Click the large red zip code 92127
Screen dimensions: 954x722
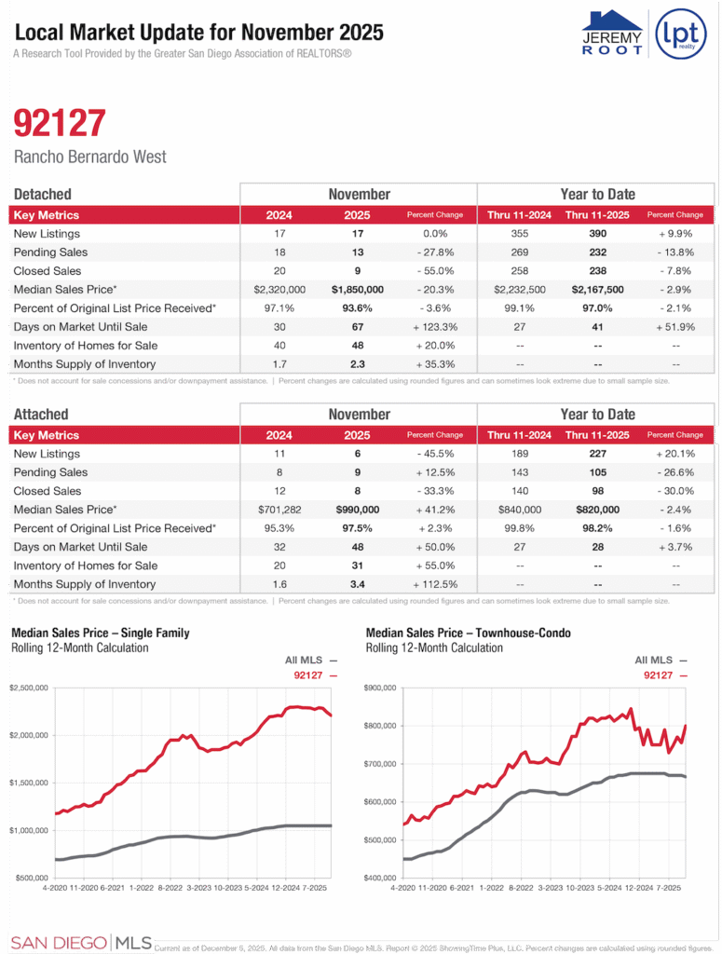tap(60, 124)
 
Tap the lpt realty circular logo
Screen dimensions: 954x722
tap(681, 34)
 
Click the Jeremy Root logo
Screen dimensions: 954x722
tap(612, 34)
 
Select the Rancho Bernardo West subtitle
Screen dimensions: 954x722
tap(90, 157)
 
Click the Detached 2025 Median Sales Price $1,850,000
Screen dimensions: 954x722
tap(358, 290)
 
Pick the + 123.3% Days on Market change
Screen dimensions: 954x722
tap(435, 327)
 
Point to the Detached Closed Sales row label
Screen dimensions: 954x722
tap(48, 271)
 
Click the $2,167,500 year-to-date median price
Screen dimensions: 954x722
tap(597, 290)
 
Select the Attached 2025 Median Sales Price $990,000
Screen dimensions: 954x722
tap(358, 510)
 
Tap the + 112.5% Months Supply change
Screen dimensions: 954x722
tap(435, 584)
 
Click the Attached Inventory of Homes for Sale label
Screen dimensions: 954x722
tap(85, 566)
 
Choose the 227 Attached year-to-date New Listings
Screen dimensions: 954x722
tap(597, 454)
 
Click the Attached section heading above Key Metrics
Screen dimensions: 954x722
tap(41, 414)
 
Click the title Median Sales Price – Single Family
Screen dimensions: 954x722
tap(100, 633)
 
